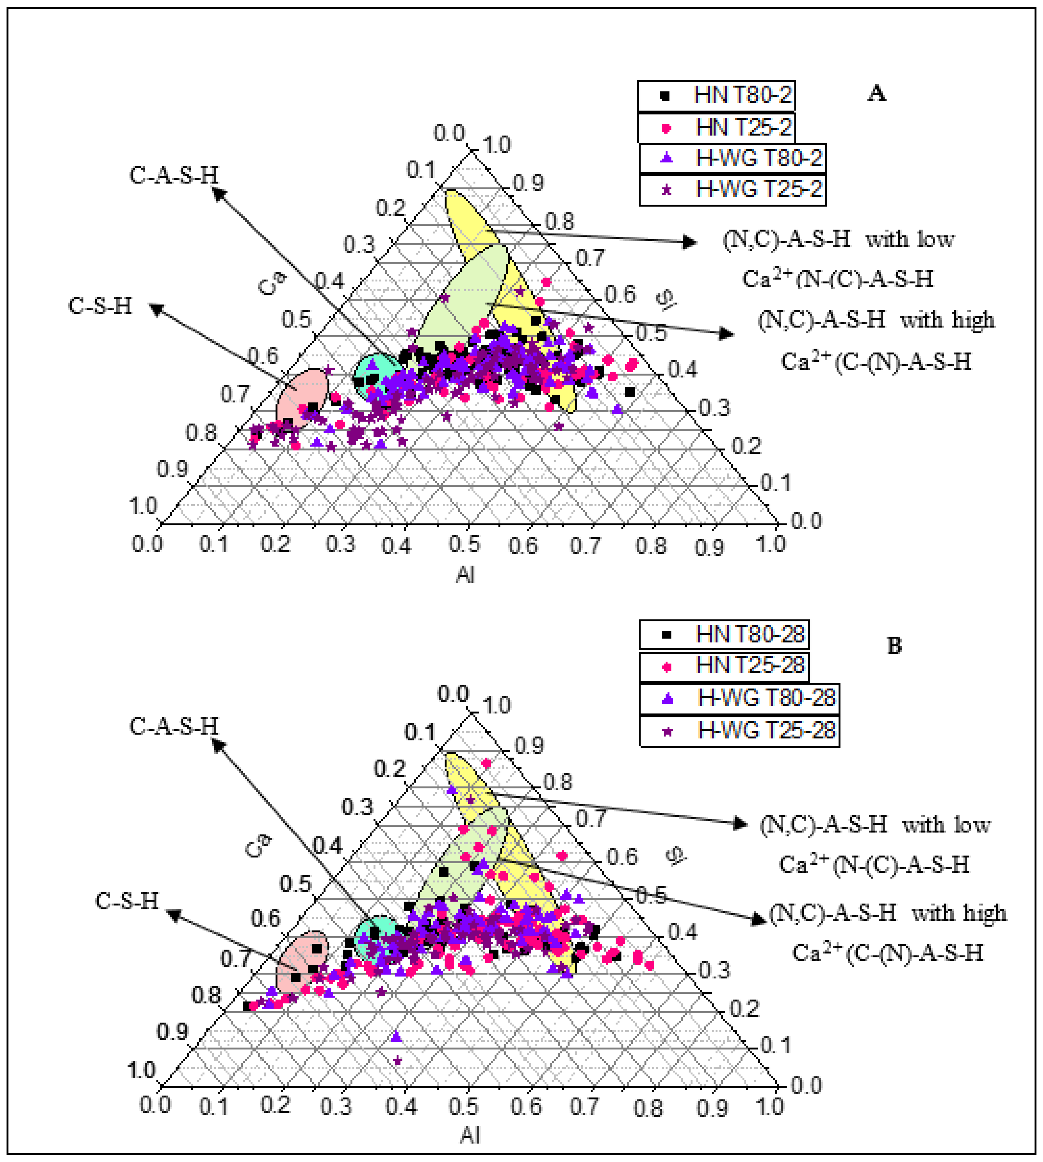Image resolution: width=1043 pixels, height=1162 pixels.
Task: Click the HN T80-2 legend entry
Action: [716, 95]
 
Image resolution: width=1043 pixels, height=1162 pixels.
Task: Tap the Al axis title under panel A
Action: [465, 575]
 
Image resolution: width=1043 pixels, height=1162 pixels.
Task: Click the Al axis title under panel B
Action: [470, 1135]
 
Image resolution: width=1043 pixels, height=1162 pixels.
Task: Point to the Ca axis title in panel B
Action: [257, 846]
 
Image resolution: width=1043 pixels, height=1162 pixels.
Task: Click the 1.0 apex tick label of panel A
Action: [496, 145]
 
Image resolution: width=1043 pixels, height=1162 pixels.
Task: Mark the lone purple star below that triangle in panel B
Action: [397, 1061]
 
